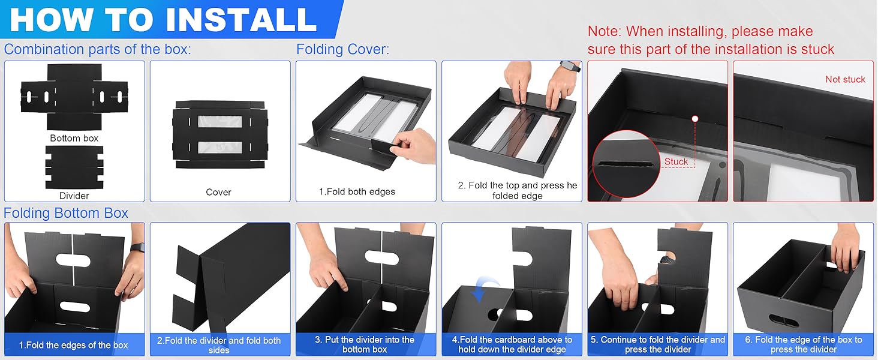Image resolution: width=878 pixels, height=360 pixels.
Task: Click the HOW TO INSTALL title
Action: click(163, 19)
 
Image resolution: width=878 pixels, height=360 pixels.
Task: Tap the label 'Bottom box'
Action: click(74, 138)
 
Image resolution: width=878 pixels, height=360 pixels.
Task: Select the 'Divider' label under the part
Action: click(74, 196)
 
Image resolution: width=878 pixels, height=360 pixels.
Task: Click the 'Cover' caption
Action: click(218, 192)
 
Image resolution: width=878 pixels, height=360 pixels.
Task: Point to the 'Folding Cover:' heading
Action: click(342, 49)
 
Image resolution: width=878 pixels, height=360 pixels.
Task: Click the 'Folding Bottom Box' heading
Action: click(66, 213)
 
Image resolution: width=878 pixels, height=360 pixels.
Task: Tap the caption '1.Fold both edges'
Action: click(357, 192)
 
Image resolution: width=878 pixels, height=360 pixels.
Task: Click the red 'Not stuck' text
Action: click(845, 79)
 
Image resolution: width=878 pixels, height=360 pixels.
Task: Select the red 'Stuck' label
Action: click(676, 161)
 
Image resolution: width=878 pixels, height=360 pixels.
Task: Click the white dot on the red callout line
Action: click(694, 119)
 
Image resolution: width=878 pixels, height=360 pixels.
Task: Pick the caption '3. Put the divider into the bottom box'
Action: click(365, 344)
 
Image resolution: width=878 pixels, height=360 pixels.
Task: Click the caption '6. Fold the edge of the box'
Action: click(803, 344)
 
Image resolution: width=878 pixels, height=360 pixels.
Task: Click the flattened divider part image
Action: click(74, 167)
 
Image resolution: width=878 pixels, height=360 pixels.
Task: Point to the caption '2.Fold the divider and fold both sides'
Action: click(219, 345)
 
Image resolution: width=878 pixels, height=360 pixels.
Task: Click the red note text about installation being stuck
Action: click(711, 40)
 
